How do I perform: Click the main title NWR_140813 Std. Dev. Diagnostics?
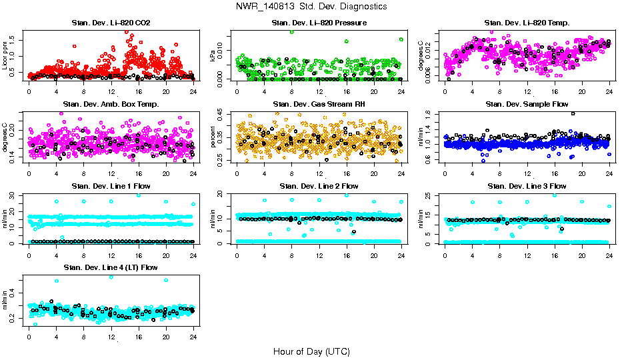[x=311, y=6]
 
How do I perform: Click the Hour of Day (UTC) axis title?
[x=311, y=351]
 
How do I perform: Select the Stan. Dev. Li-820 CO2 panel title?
[x=111, y=23]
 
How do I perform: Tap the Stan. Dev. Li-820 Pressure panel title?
[x=319, y=23]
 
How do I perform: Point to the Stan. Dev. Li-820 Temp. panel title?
[x=527, y=23]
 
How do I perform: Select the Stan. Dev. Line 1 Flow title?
[x=111, y=185]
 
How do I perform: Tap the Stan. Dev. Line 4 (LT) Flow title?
[x=111, y=267]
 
